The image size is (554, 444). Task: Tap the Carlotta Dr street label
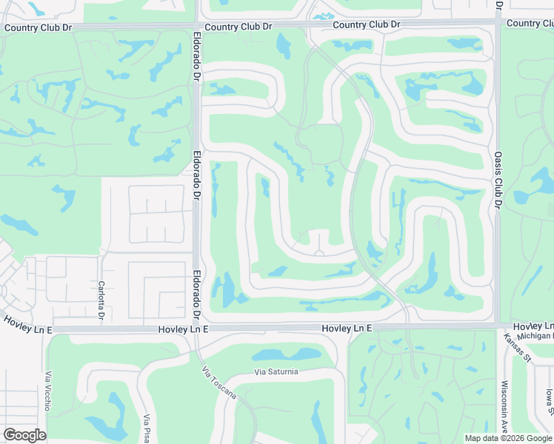[x=101, y=300]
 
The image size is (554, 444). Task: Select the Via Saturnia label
[x=276, y=371]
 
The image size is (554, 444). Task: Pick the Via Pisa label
[x=148, y=428]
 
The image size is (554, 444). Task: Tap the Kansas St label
[x=509, y=347]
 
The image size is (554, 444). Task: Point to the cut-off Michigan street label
[x=535, y=336]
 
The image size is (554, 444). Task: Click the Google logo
[x=24, y=435]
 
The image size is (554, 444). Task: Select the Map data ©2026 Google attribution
[x=507, y=438]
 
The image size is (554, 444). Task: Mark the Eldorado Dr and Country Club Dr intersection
[x=196, y=27]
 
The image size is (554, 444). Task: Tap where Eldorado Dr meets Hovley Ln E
[x=196, y=328]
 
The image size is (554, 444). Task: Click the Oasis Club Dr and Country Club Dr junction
[x=498, y=24]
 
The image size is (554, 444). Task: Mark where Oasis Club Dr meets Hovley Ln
[x=498, y=326]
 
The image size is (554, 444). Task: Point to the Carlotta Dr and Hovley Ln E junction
[x=101, y=328]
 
